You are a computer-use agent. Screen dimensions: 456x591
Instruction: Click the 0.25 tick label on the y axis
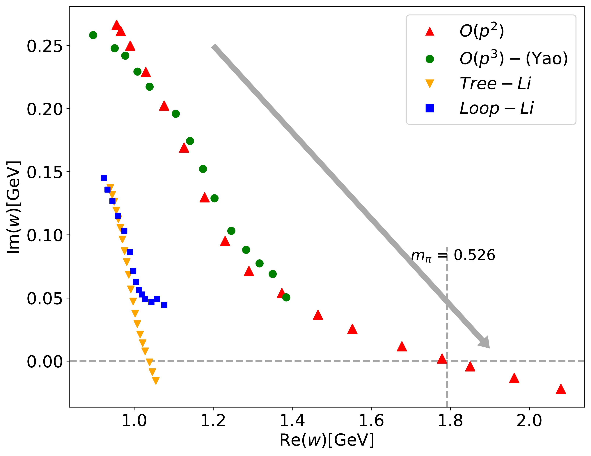(45, 46)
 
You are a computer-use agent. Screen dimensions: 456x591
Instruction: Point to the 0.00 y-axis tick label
(45, 361)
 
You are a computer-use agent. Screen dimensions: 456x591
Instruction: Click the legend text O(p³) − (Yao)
(513, 58)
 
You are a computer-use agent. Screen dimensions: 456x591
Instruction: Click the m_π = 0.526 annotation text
(453, 255)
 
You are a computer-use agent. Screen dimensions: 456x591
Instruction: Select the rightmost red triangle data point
(561, 389)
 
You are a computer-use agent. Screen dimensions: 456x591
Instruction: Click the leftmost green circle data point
(93, 35)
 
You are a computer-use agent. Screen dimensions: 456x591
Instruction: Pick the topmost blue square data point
(104, 178)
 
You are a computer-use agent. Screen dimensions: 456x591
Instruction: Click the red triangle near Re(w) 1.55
(352, 329)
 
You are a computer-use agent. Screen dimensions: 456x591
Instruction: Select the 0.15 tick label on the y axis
(45, 172)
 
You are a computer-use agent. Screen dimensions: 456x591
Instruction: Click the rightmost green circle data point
(286, 297)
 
